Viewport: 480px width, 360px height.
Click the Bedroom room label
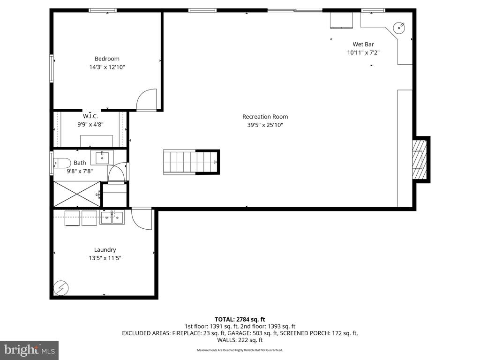coord(107,59)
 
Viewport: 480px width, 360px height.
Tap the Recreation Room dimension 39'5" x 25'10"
coord(265,125)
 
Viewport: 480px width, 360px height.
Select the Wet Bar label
coord(363,45)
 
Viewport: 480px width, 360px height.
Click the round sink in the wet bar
coord(399,27)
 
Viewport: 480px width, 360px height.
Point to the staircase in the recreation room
coord(191,162)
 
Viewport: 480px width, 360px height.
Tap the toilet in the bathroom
coord(62,163)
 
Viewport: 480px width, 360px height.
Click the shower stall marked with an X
coord(76,194)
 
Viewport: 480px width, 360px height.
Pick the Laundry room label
coord(105,250)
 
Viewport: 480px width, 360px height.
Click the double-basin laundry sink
coord(112,217)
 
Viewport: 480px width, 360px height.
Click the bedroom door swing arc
coord(146,100)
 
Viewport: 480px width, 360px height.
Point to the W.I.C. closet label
coord(90,116)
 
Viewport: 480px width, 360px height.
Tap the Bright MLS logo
coord(29,350)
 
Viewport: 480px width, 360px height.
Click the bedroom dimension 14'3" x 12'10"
coord(107,67)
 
